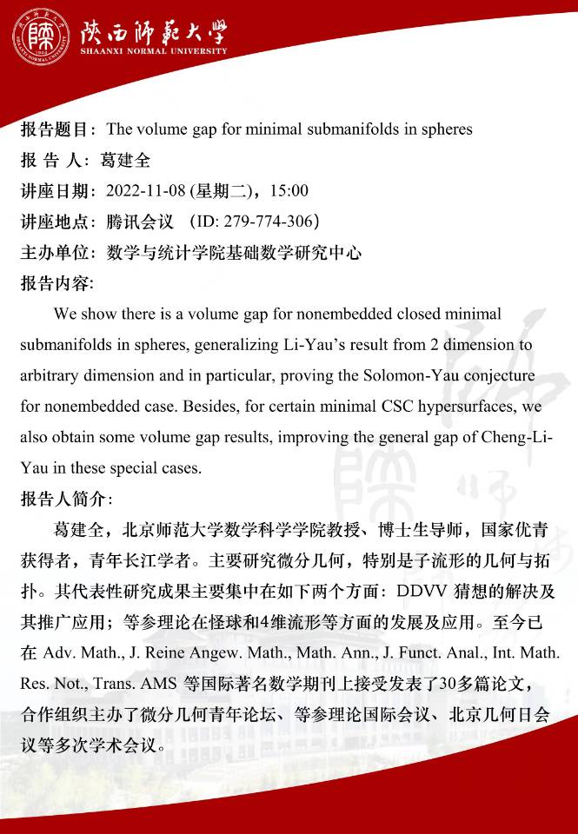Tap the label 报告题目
56,129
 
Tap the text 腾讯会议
137,222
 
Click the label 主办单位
56,253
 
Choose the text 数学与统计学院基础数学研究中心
233,253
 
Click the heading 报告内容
56,283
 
